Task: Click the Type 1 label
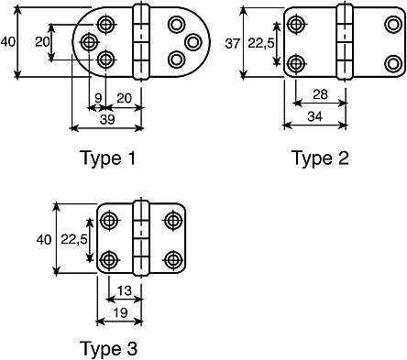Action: coord(107,158)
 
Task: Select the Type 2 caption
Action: coord(321,158)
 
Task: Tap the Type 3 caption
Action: coord(108,348)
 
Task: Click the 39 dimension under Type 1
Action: coord(107,119)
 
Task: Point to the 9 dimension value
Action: coord(98,98)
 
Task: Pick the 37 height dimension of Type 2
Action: coord(233,44)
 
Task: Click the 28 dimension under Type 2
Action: coord(320,94)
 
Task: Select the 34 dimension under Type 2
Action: coord(314,116)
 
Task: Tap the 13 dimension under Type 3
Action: coord(124,290)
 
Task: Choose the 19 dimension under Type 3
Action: coord(120,312)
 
